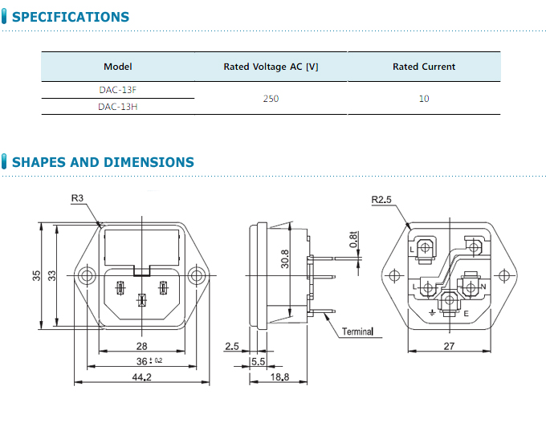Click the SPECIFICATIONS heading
[71, 17]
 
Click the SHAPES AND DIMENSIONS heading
[103, 162]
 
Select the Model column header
[118, 67]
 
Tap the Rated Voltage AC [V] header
[271, 67]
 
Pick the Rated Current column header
[423, 67]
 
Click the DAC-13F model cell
[118, 89]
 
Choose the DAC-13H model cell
[118, 106]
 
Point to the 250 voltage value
[271, 98]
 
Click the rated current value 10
[423, 98]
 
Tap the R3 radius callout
[78, 198]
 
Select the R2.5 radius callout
[381, 200]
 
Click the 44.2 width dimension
[141, 378]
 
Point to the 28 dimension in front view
[141, 346]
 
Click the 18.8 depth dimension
[279, 378]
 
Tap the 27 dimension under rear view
[450, 346]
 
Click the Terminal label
[358, 331]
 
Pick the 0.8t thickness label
[353, 238]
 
